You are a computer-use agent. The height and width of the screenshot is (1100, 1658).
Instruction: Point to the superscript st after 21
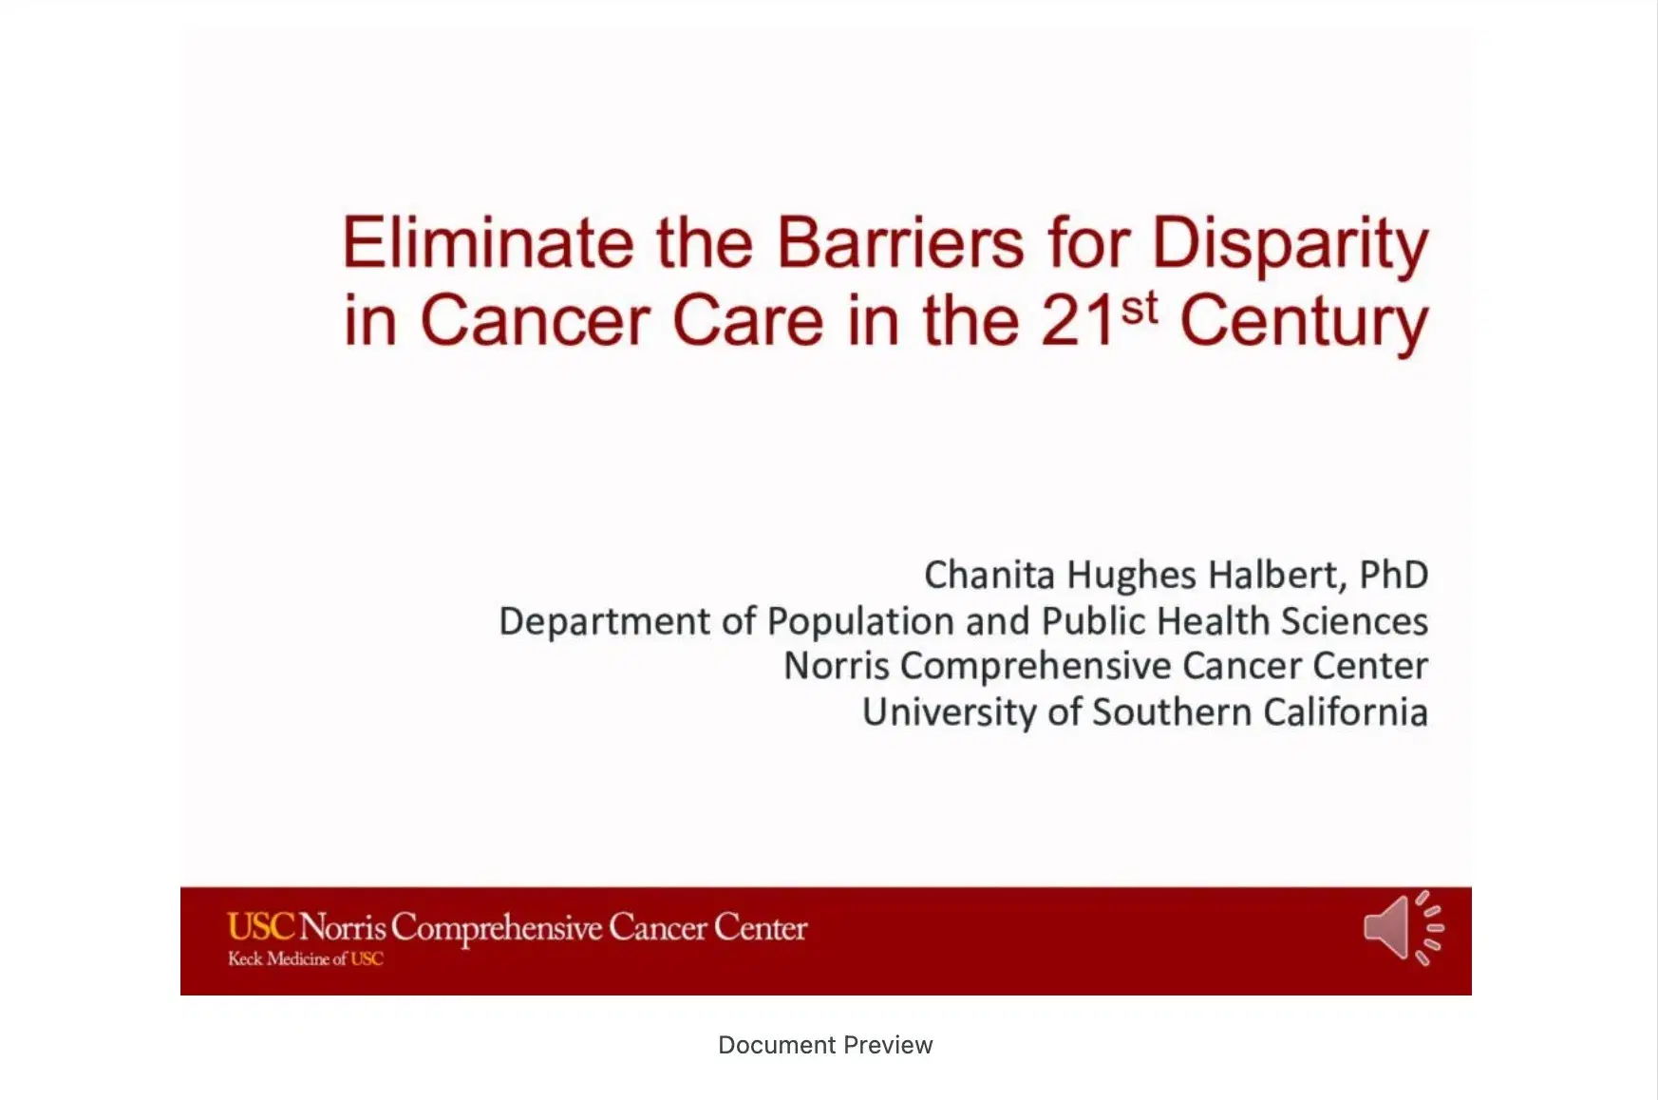(x=1140, y=309)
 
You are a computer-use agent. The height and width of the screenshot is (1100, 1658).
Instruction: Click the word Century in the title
(x=1304, y=323)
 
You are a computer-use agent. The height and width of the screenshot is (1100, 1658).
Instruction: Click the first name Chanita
(x=989, y=575)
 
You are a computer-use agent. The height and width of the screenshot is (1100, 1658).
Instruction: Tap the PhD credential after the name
(x=1394, y=575)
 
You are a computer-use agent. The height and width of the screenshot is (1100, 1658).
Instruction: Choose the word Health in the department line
(x=1214, y=621)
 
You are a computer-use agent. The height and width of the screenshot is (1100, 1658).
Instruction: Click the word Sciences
(x=1354, y=621)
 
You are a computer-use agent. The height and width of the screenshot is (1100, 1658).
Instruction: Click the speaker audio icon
(x=1404, y=927)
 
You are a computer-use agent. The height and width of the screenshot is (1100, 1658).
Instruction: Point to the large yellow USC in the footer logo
(x=261, y=926)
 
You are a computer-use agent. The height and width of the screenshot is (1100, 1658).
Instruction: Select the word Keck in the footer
(x=245, y=958)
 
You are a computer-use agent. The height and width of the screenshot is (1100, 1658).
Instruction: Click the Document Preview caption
(x=825, y=1045)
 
